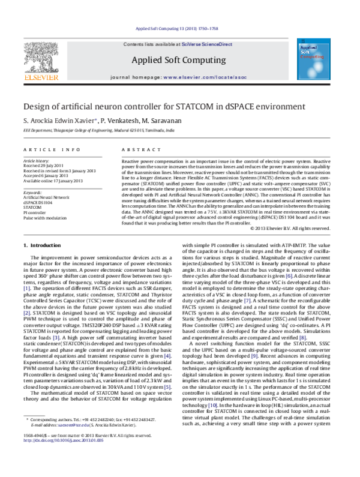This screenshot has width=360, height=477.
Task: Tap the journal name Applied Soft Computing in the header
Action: coord(179,59)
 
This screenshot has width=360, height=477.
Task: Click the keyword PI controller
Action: coord(36,212)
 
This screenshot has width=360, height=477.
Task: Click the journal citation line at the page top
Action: coord(179,29)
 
